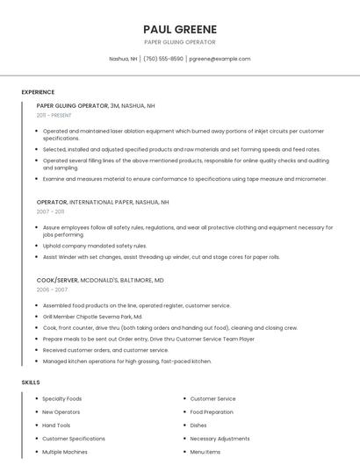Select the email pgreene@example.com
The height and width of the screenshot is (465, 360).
coord(220,59)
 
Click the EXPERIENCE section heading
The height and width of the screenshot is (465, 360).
coord(38,92)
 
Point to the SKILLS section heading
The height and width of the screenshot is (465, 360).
coord(31,383)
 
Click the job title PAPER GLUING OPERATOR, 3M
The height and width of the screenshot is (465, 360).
coord(96,105)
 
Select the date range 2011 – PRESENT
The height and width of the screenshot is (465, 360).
coord(54,115)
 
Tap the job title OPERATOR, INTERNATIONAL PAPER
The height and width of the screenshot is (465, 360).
coord(103,202)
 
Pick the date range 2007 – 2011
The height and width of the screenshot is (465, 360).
coord(50,211)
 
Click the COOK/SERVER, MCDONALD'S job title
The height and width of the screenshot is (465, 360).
coord(100,280)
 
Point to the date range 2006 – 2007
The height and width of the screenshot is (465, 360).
coord(52,290)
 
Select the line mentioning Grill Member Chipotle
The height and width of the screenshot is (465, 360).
coord(92,317)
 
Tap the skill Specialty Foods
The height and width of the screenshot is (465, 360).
coord(62,399)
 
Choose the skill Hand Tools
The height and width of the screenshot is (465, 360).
coord(56,426)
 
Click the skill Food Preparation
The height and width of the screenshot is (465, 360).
coord(212,412)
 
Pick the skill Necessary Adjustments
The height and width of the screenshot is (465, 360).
coord(220,439)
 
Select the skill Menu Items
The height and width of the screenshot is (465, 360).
coord(205,452)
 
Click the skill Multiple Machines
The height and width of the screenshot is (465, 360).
coord(65,452)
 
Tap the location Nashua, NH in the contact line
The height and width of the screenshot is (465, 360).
coord(123,59)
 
